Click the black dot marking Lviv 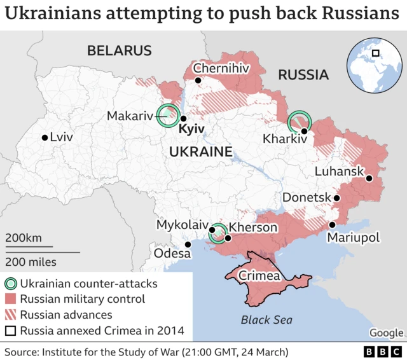coord(45,137)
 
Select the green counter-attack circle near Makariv coord(169,115)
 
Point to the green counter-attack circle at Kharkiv coord(300,121)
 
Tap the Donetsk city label coord(307,198)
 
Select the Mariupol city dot coord(332,225)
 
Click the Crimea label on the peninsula coord(259,276)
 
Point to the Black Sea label coord(265,320)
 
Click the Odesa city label coord(172,254)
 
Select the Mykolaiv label coord(183,225)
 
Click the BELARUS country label coord(120,51)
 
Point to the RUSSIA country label coord(303,75)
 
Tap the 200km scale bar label coord(24,238)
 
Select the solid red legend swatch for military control coord(11,299)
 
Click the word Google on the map coord(386,333)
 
